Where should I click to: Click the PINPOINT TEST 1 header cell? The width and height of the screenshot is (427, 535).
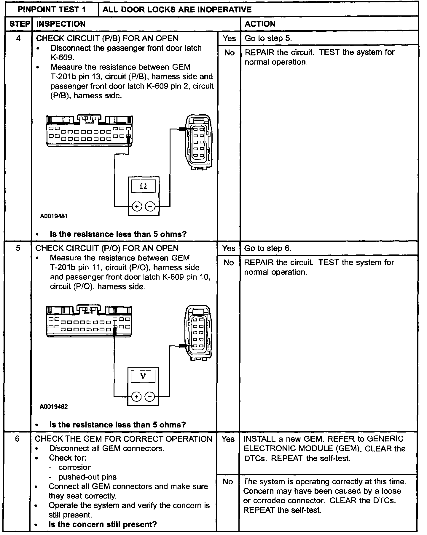pyautogui.click(x=52, y=9)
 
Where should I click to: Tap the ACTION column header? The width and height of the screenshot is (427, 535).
pyautogui.click(x=260, y=24)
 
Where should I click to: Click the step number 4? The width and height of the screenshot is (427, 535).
pyautogui.click(x=18, y=39)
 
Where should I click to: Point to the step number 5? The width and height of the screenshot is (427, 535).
pyautogui.click(x=18, y=248)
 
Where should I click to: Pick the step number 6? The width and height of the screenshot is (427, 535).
pyautogui.click(x=17, y=439)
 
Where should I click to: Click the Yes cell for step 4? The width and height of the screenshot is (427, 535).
pyautogui.click(x=229, y=39)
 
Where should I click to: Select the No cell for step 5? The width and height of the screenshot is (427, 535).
pyautogui.click(x=229, y=262)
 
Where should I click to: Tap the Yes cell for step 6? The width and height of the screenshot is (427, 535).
pyautogui.click(x=228, y=439)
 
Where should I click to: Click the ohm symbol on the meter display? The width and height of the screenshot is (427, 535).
pyautogui.click(x=143, y=186)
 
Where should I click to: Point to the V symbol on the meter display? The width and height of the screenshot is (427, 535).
pyautogui.click(x=143, y=376)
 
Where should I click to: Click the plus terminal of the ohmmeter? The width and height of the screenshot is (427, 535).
pyautogui.click(x=137, y=206)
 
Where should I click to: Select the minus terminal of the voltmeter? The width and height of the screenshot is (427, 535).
pyautogui.click(x=150, y=397)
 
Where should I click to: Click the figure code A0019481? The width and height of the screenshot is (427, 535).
pyautogui.click(x=54, y=216)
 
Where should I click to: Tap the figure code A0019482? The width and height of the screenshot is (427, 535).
pyautogui.click(x=54, y=407)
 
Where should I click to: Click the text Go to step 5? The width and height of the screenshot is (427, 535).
pyautogui.click(x=268, y=39)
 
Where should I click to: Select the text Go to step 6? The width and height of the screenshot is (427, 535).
pyautogui.click(x=268, y=248)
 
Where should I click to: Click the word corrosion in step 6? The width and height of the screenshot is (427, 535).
pyautogui.click(x=75, y=467)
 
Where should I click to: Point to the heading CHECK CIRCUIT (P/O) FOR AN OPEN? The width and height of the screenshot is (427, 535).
pyautogui.click(x=107, y=248)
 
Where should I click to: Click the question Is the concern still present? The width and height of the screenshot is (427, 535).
pyautogui.click(x=103, y=524)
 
